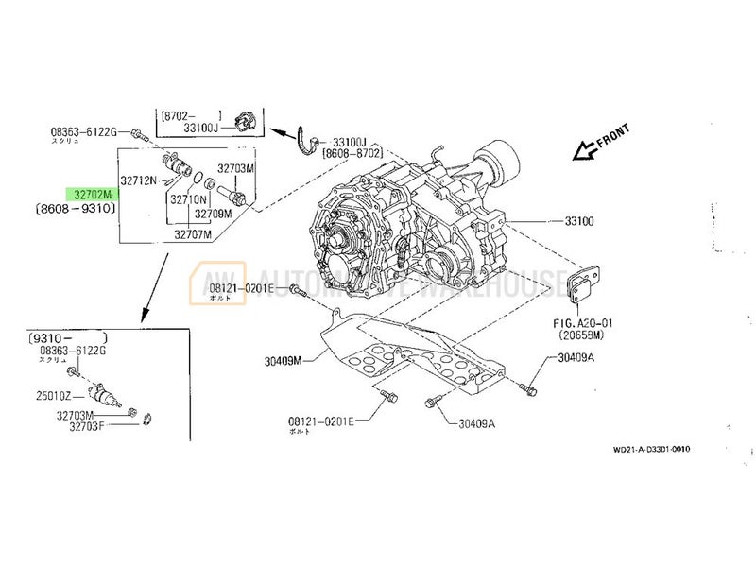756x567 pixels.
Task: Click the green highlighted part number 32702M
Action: point(93,193)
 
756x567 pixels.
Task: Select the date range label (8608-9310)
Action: point(76,208)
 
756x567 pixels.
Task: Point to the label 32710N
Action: point(189,200)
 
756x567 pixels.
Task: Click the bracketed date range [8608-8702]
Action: point(352,152)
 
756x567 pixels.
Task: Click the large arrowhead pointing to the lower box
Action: point(144,312)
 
